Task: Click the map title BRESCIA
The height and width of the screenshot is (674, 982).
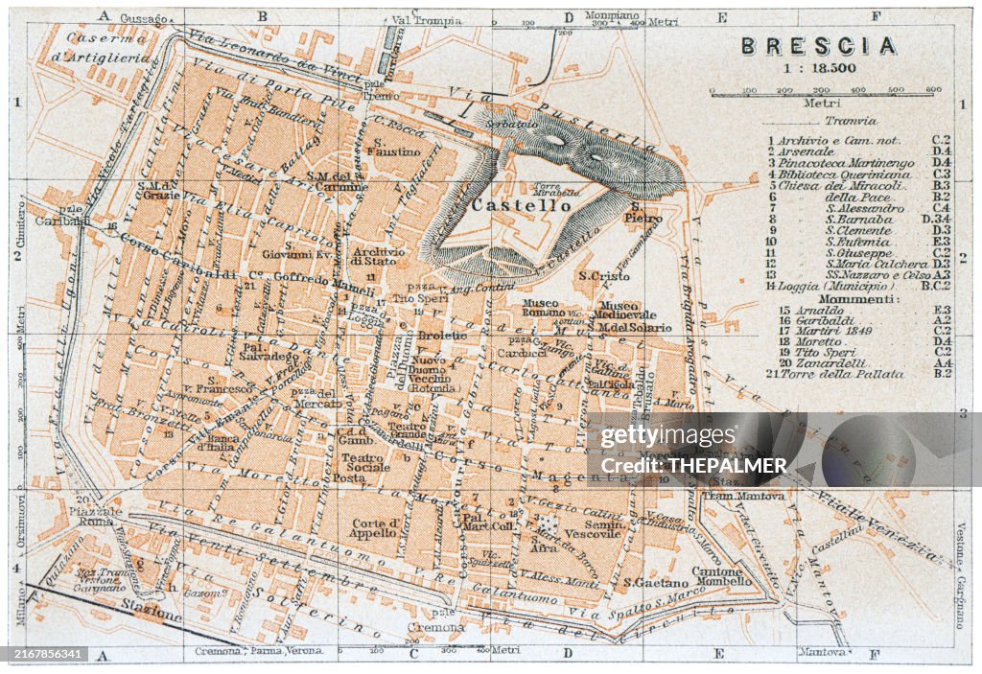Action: click(818, 46)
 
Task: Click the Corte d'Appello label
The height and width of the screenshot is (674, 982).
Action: click(374, 527)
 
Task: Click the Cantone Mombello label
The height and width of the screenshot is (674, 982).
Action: click(722, 575)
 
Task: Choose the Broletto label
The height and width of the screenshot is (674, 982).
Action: click(442, 336)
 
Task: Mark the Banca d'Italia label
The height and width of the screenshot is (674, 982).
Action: click(216, 441)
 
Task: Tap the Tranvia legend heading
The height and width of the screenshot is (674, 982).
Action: click(850, 121)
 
